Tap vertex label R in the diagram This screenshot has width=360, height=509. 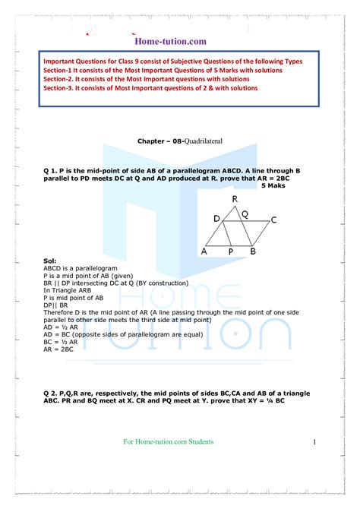[235, 199]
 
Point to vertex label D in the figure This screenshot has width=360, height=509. [216, 220]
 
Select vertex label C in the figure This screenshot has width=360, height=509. [273, 220]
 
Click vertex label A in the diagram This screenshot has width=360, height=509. [204, 251]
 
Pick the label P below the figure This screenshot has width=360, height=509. [231, 252]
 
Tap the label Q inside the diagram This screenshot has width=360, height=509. [245, 214]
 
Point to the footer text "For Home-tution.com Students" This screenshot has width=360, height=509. [168, 441]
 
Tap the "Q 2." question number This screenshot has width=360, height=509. [52, 392]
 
